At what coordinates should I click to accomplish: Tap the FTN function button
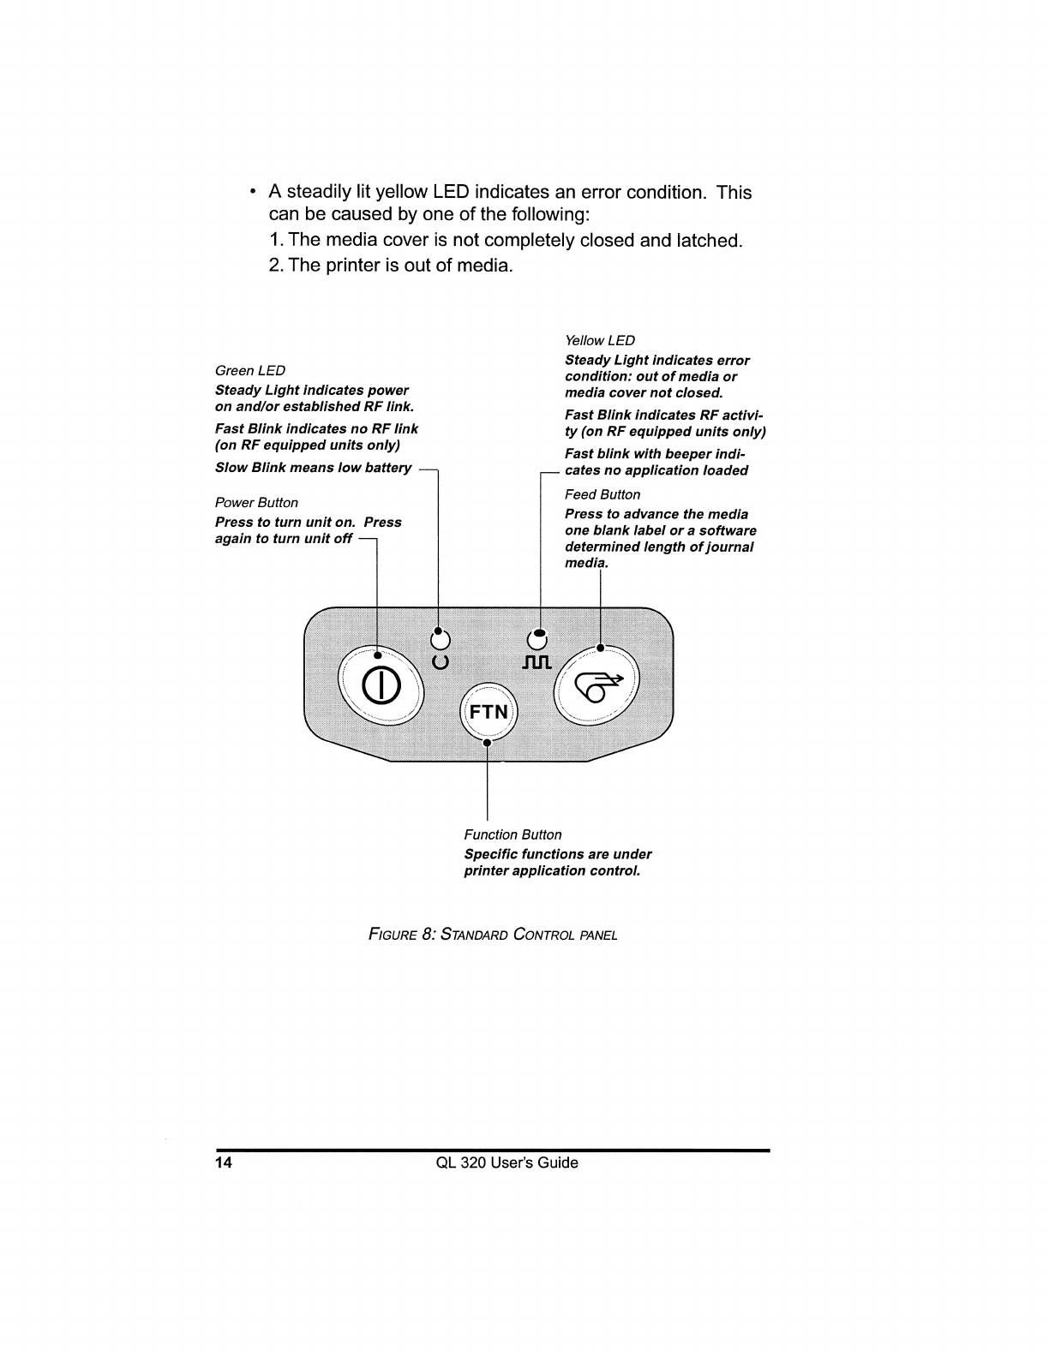pos(488,712)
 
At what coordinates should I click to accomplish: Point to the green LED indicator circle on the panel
pos(440,639)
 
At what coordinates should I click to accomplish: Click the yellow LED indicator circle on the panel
pos(537,639)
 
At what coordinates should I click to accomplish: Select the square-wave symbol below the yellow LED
pos(536,662)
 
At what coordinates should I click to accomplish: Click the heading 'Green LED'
pos(249,370)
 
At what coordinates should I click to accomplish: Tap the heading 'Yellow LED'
pos(599,340)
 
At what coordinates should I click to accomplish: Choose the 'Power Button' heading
pos(256,503)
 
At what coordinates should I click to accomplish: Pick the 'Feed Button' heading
pos(602,494)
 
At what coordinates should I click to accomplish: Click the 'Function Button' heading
pos(513,834)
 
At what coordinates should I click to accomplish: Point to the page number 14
pos(223,1163)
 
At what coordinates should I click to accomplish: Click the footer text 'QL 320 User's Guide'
pos(507,1163)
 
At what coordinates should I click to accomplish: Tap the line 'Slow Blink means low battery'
pos(313,468)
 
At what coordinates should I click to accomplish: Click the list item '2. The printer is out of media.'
pos(391,265)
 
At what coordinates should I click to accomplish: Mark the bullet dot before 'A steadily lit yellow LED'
pos(251,192)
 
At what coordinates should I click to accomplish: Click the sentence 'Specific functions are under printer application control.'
pos(557,863)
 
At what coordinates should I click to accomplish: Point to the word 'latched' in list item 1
pos(708,240)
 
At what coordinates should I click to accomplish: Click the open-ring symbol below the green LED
pos(440,661)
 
